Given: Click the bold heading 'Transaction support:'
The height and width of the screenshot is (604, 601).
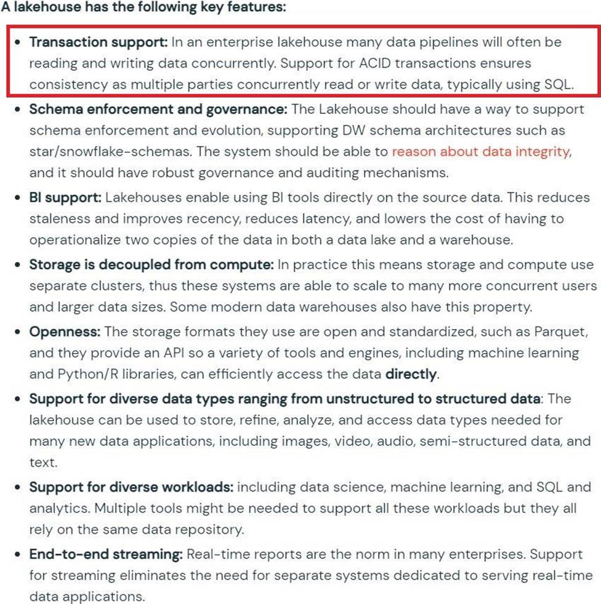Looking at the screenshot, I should (98, 42).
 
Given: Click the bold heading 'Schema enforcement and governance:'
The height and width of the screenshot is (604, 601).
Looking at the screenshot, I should (158, 109).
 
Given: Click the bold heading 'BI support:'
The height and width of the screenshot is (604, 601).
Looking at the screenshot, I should (65, 198).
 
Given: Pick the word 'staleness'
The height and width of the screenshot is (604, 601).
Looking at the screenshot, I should (57, 219).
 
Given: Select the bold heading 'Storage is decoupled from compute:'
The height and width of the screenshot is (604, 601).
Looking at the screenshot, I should (151, 265).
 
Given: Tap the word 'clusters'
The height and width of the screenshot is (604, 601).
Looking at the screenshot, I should (118, 286).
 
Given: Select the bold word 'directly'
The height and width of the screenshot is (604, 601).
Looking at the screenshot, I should (411, 374).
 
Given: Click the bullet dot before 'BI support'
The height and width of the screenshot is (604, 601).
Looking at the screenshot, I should (17, 198).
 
